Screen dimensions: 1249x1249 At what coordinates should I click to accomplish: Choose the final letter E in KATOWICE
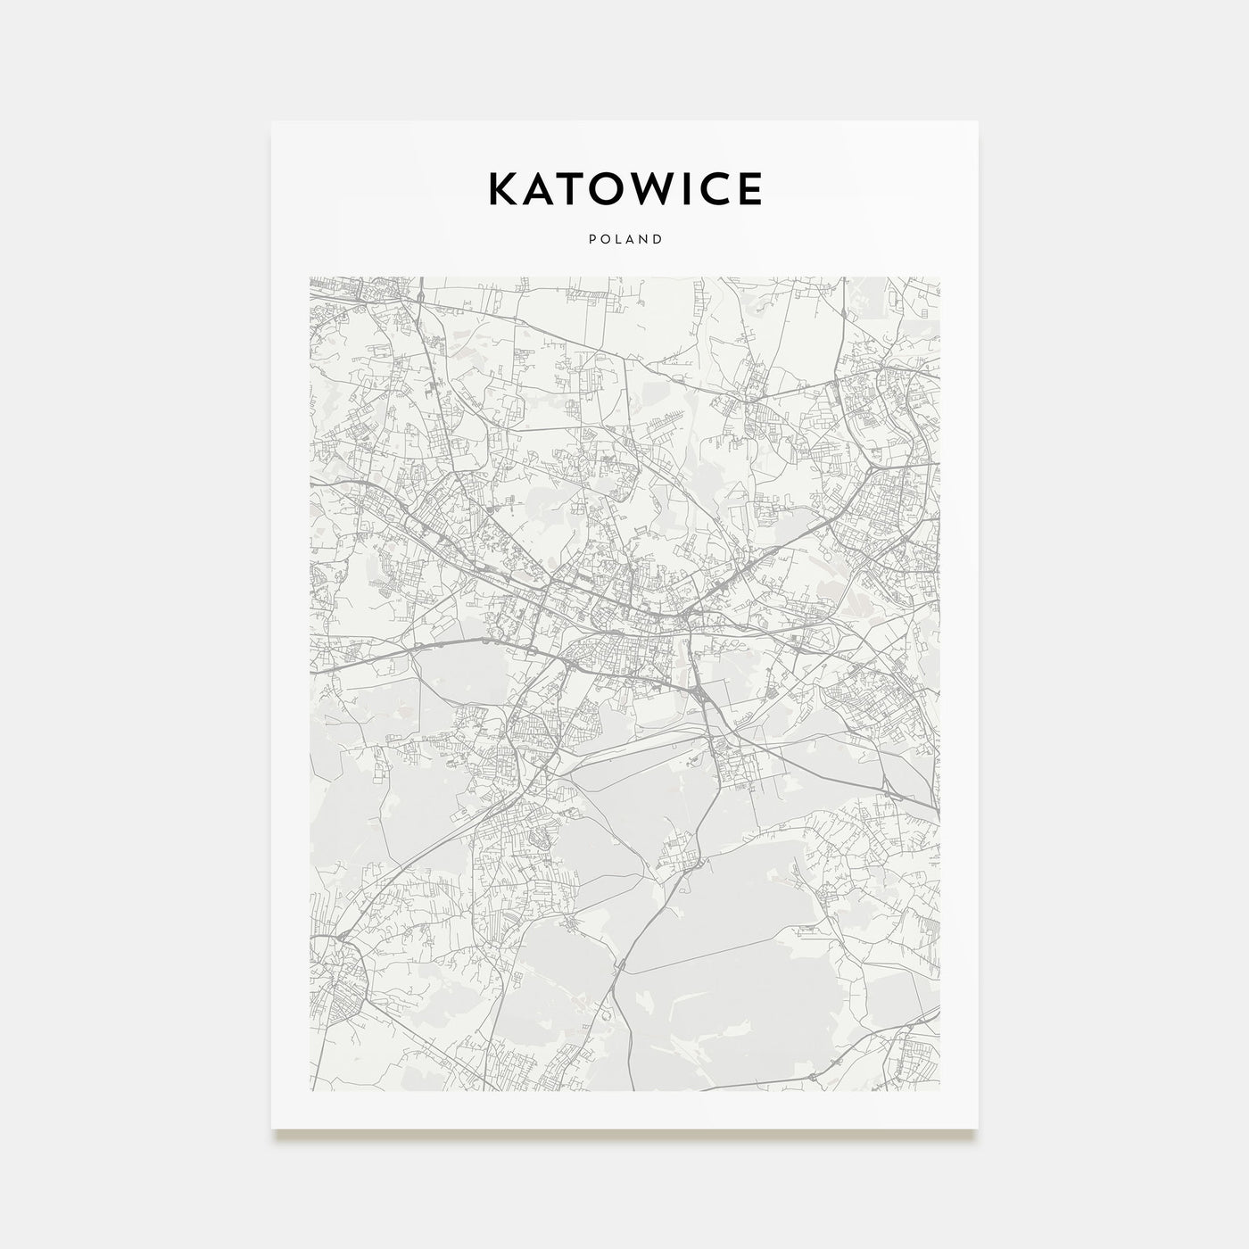749,188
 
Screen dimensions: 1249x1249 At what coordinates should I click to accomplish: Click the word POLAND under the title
624,239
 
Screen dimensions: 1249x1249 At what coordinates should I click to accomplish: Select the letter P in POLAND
591,239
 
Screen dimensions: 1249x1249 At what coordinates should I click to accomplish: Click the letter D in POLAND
658,239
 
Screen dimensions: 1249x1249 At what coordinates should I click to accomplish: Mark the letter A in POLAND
630,239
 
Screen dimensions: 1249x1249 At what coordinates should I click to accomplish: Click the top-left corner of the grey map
310,277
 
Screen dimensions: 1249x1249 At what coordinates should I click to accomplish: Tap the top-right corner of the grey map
939,277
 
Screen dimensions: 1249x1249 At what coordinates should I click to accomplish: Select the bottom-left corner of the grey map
310,1090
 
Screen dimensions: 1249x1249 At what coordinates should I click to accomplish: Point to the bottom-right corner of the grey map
939,1090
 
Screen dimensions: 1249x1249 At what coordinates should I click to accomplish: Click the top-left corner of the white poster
272,121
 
